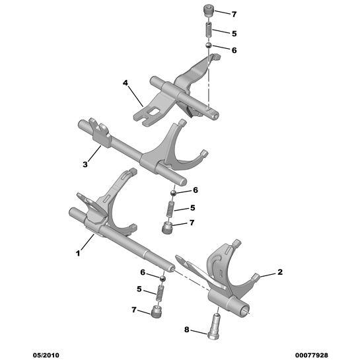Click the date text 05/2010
click(x=46, y=355)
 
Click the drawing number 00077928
click(x=311, y=355)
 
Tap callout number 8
click(x=186, y=330)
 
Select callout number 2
click(x=280, y=272)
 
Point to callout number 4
click(x=125, y=83)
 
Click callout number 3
click(x=85, y=164)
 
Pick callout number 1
click(x=78, y=253)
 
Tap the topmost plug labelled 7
click(x=209, y=11)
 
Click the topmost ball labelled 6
click(x=209, y=45)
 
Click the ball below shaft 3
click(x=173, y=193)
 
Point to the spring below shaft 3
click(x=170, y=209)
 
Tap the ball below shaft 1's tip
click(x=162, y=279)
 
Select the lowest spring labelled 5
click(x=159, y=293)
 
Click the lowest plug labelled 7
click(x=156, y=311)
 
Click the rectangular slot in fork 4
click(x=153, y=112)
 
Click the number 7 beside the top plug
click(x=234, y=15)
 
